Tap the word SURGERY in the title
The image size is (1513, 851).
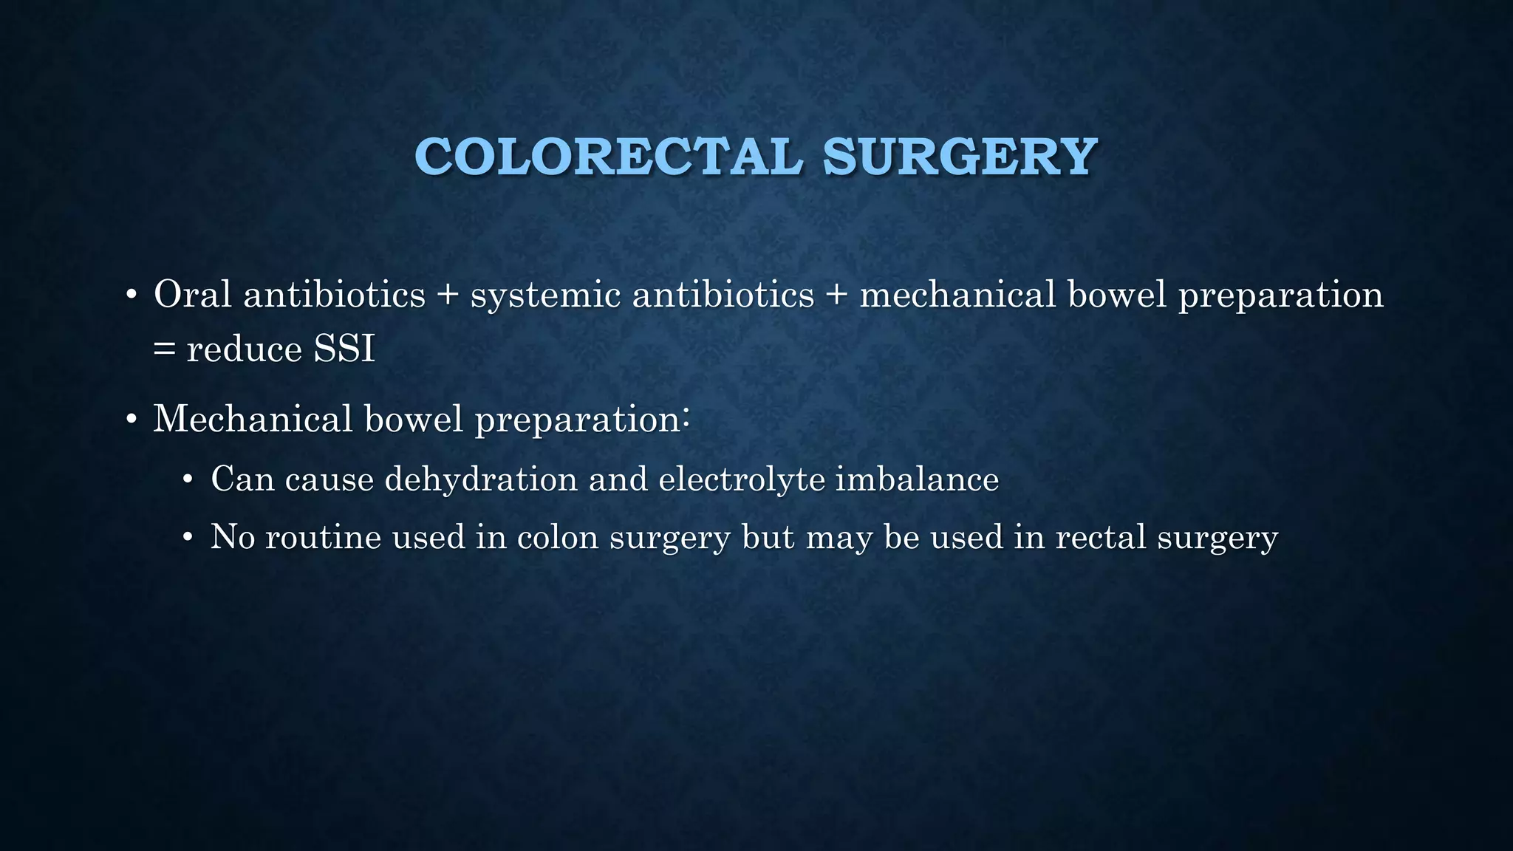pyautogui.click(x=959, y=157)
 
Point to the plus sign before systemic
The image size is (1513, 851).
pyautogui.click(x=447, y=295)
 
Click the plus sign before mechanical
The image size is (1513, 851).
pyautogui.click(x=836, y=295)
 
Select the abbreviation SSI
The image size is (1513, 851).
pyautogui.click(x=344, y=349)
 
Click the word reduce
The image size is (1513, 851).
pyautogui.click(x=245, y=349)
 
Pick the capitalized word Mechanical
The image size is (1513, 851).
pyautogui.click(x=252, y=419)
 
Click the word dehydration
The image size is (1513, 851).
pyautogui.click(x=481, y=479)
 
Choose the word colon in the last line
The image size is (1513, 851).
pyautogui.click(x=558, y=537)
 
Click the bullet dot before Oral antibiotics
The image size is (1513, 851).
pyautogui.click(x=132, y=296)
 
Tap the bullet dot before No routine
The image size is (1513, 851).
pyautogui.click(x=188, y=539)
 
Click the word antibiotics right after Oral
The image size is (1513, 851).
pyautogui.click(x=334, y=294)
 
